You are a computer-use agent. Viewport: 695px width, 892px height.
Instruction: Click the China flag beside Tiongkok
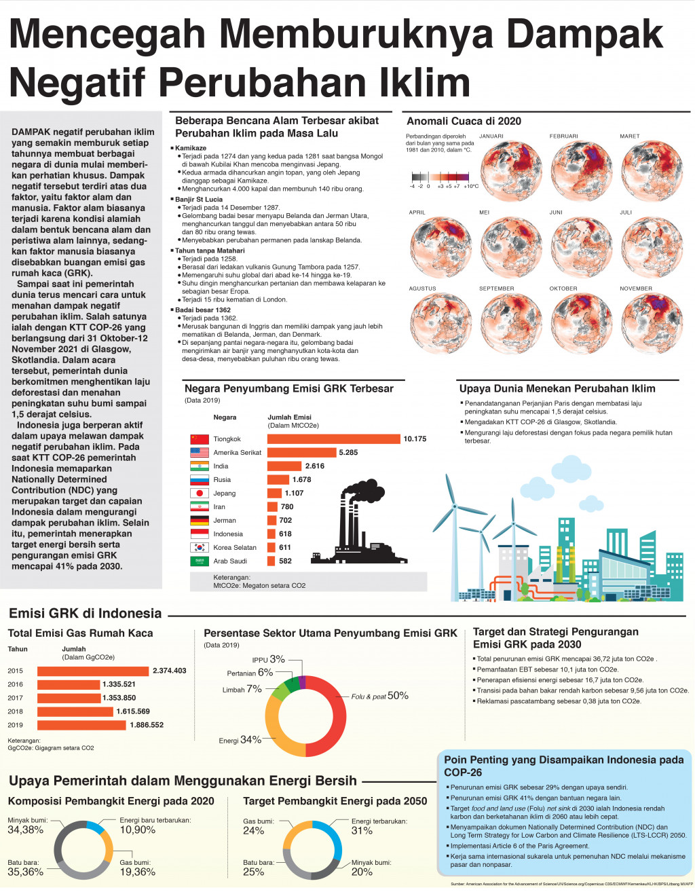click(x=199, y=439)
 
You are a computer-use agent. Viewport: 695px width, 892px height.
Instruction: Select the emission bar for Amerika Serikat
click(x=301, y=453)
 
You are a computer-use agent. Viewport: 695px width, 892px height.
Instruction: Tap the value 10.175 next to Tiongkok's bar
click(x=415, y=439)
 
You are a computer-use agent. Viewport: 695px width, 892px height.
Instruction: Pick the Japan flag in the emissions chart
click(x=199, y=494)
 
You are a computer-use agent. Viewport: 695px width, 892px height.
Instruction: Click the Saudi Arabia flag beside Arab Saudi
click(x=199, y=561)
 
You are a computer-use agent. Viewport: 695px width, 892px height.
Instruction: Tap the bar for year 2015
click(x=94, y=671)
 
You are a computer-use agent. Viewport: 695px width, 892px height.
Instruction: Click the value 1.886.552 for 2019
click(x=147, y=725)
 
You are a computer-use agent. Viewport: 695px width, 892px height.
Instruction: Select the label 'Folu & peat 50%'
click(x=379, y=696)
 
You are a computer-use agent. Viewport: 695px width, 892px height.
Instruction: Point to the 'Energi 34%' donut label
click(x=240, y=740)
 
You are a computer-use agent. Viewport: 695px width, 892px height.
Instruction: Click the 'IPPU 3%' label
click(x=268, y=659)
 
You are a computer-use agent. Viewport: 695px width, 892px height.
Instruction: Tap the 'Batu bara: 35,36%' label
click(x=25, y=868)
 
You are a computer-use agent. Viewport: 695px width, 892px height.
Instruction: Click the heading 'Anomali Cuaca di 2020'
click(x=464, y=122)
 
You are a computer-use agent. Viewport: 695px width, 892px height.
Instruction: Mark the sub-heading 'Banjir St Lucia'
click(x=199, y=199)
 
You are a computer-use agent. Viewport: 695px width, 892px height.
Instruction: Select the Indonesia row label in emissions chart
click(x=228, y=534)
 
